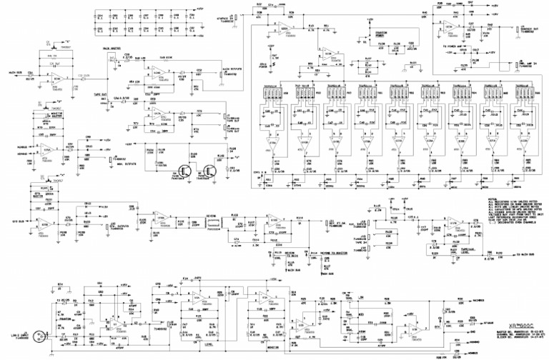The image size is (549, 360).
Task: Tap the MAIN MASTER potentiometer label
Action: (111, 49)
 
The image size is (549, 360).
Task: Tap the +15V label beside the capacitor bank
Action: (200, 9)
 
